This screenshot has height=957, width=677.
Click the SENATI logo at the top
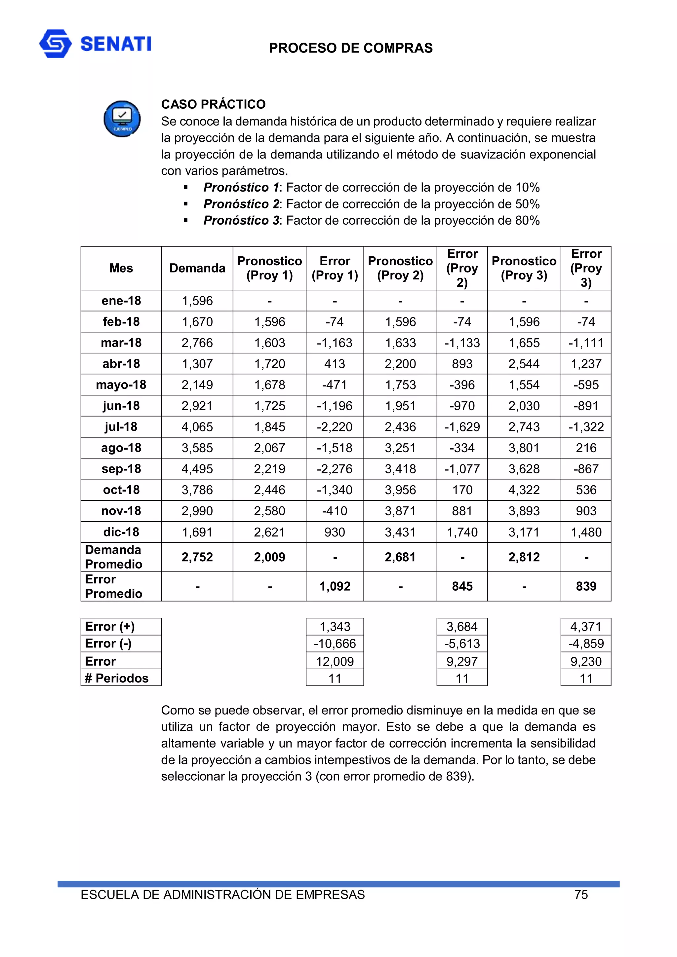click(x=95, y=44)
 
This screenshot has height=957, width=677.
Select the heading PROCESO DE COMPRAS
click(x=350, y=48)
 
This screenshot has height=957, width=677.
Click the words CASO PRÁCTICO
click(x=213, y=104)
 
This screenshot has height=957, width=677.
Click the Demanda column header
click(x=197, y=268)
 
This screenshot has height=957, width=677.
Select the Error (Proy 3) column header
click(x=586, y=268)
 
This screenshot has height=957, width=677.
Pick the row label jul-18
click(x=121, y=426)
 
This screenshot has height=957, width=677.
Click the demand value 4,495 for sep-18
click(x=197, y=468)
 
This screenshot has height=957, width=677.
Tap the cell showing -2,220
click(x=335, y=426)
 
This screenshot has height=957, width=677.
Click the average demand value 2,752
click(x=197, y=557)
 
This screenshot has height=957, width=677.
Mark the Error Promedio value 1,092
click(x=335, y=586)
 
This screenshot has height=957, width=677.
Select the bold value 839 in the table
click(x=586, y=586)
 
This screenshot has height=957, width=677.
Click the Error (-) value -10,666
click(x=335, y=644)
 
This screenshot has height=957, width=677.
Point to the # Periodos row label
click(x=116, y=678)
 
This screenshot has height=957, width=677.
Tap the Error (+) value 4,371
click(x=586, y=626)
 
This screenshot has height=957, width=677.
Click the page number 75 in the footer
click(x=581, y=895)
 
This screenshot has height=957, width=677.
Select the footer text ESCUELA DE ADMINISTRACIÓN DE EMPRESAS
click(x=222, y=895)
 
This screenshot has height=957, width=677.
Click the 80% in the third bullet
click(x=527, y=220)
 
